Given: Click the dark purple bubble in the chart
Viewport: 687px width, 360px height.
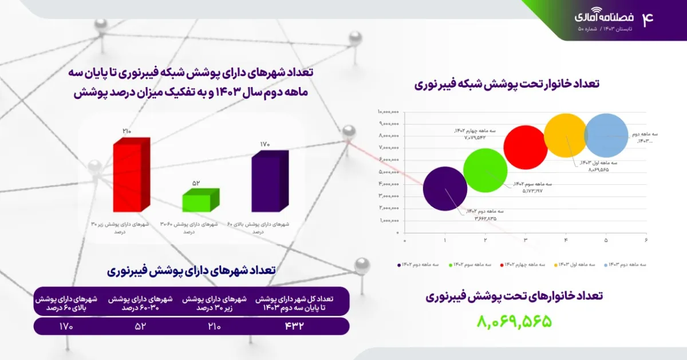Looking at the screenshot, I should pos(445,188).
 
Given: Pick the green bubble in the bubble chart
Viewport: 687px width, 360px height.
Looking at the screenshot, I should pos(485,169).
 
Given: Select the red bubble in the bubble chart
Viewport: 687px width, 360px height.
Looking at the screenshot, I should pos(526,147).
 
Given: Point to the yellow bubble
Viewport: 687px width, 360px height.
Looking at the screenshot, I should pos(566,136).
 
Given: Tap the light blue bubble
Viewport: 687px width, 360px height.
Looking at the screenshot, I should pos(606,136).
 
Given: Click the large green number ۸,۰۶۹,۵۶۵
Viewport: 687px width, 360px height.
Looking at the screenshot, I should pos(514,321).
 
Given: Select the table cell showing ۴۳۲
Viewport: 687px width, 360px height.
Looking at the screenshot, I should pos(294,326).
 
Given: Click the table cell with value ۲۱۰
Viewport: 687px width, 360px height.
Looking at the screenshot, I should pos(214,326).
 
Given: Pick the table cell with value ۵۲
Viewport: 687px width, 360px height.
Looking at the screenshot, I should pos(139,326).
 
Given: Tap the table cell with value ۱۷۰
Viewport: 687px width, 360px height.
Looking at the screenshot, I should pos(66,326).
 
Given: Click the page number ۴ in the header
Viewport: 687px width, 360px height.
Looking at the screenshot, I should pos(647,19).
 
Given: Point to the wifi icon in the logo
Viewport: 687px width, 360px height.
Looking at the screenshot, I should pos(597,10).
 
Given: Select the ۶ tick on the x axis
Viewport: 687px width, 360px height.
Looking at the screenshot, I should pos(646,240).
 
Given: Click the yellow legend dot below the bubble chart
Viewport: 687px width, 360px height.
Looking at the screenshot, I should pos(555,265).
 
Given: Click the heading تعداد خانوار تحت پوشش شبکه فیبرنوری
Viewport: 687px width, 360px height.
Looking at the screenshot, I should pos(506,84).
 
